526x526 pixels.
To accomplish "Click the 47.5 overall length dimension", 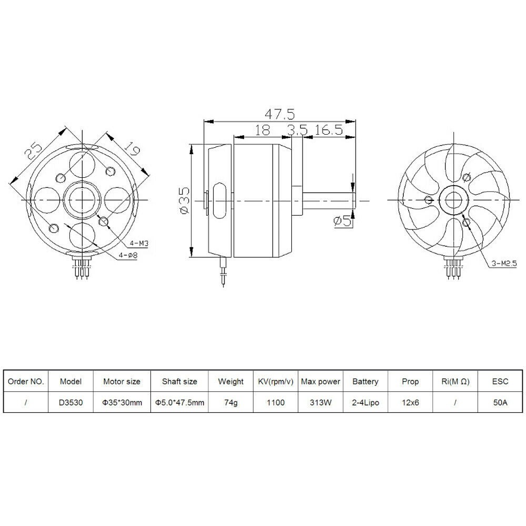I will tap(279, 114).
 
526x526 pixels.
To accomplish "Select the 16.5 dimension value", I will tap(329, 130).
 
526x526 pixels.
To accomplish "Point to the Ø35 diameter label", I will tap(184, 200).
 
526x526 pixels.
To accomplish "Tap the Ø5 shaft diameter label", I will tap(342, 221).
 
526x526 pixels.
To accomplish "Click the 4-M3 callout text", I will tap(138, 243).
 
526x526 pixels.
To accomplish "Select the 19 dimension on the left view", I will tap(132, 150).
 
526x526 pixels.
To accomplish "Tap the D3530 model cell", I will tap(70, 402).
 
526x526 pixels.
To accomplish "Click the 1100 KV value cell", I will tap(276, 402).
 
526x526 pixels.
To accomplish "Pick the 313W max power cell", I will tap(320, 402).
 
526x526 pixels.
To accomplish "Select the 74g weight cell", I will tap(230, 402).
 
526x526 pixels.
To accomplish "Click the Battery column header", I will tap(365, 381).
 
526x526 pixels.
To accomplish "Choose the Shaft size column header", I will tap(179, 381).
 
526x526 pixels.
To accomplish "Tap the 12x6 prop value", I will tap(410, 402).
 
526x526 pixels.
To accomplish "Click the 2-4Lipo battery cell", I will tap(365, 402).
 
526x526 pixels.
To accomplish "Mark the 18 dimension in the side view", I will tap(262, 130).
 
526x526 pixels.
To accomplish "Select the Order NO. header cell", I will tap(26, 381).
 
